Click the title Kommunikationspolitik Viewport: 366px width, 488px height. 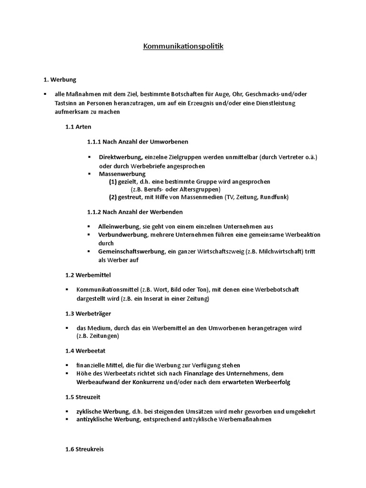(183, 47)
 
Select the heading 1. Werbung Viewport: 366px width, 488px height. (60, 79)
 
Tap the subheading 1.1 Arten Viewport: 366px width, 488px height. (78, 127)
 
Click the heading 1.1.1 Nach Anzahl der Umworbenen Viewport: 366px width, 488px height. (138, 142)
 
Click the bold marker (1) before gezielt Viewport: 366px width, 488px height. (112, 182)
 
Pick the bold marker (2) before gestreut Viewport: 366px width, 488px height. (112, 197)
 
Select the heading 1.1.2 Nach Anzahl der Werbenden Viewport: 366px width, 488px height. (135, 211)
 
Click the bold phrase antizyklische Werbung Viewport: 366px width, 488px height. (105, 419)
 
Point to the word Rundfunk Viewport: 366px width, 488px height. (274, 197)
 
